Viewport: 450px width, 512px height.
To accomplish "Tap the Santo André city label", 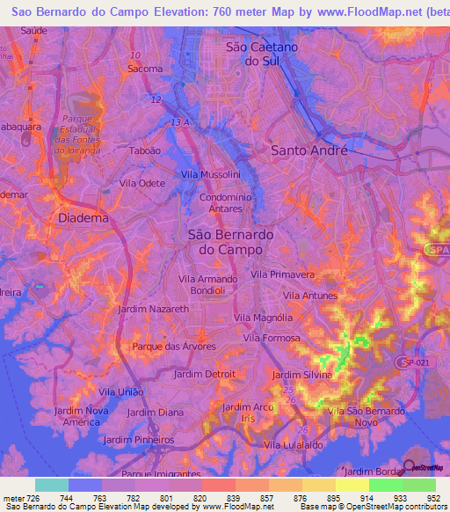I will click(x=309, y=150).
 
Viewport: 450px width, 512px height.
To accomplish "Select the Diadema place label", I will click(x=83, y=217).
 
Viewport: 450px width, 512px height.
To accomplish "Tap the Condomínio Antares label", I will click(x=229, y=204).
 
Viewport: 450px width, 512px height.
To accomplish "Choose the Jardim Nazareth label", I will click(x=153, y=310).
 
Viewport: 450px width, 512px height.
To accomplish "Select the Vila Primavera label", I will click(x=283, y=274).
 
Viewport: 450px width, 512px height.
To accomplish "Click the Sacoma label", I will click(x=145, y=69).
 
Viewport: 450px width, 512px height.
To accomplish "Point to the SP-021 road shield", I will click(x=412, y=362).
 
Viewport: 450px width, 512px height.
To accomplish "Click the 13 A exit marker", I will click(x=180, y=121).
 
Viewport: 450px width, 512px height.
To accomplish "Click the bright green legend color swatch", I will click(x=385, y=485).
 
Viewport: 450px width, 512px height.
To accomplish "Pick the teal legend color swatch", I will click(x=52, y=485).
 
